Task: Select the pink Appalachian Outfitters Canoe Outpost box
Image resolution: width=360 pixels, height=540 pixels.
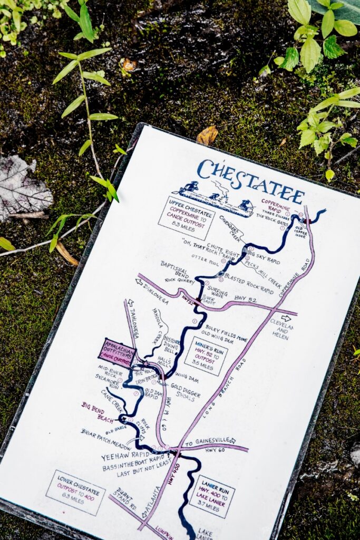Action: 117,353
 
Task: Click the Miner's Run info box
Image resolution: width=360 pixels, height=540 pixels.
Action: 206,355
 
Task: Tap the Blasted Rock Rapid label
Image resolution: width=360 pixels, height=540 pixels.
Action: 249,283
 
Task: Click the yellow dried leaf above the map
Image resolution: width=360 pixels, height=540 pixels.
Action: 207,136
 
